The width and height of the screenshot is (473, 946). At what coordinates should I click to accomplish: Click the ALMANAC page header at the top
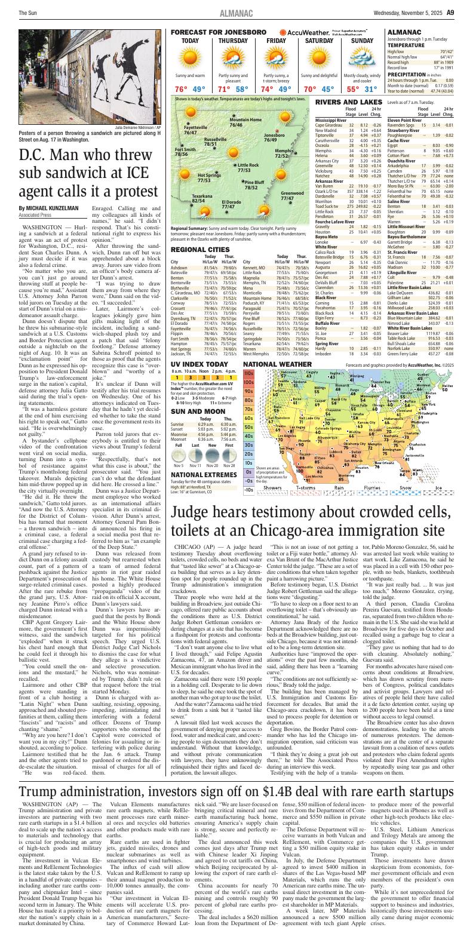(236, 12)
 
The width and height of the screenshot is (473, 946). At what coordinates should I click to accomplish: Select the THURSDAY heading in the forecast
(233, 41)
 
